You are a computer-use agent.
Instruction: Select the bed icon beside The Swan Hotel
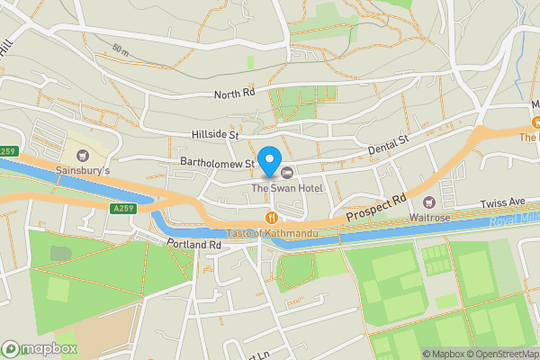287,172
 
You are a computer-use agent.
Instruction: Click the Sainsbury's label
83,168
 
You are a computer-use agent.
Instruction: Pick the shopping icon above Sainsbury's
83,153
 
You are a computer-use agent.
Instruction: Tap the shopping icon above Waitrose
428,202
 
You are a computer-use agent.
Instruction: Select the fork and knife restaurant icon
271,218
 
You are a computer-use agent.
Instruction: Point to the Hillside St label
214,135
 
